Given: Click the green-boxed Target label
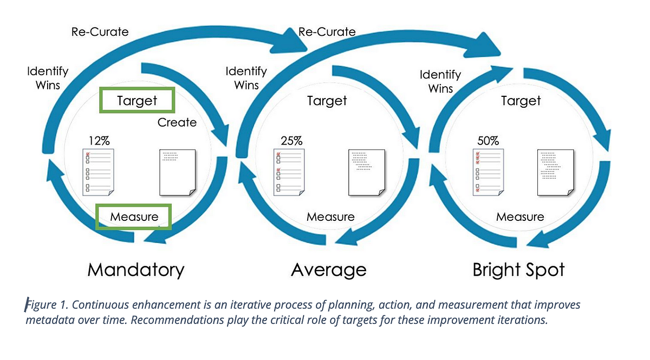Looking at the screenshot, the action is point(137,100).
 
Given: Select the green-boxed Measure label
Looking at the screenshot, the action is point(134,217).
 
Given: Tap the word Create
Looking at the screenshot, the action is point(177,122).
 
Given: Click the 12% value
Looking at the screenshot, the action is point(99,141).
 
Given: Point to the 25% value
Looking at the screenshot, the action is point(291,141).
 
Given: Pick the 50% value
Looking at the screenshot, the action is point(488,141).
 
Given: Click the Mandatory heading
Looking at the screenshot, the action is point(136,270).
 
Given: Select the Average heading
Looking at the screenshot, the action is point(328,270).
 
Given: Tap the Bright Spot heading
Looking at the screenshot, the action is point(518,270).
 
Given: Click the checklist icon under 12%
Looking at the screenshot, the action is point(98,172).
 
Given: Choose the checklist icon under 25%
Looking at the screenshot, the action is point(289,172).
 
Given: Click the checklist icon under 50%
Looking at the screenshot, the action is point(489,172).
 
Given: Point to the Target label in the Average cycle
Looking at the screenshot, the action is point(327,100).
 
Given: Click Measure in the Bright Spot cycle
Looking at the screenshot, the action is point(520,217).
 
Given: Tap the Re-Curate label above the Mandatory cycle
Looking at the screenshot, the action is point(100,32).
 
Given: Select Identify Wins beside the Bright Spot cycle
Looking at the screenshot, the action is point(440,82).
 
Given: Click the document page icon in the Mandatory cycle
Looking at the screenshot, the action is point(178,173).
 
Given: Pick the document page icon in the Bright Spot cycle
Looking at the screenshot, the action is point(556,173).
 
